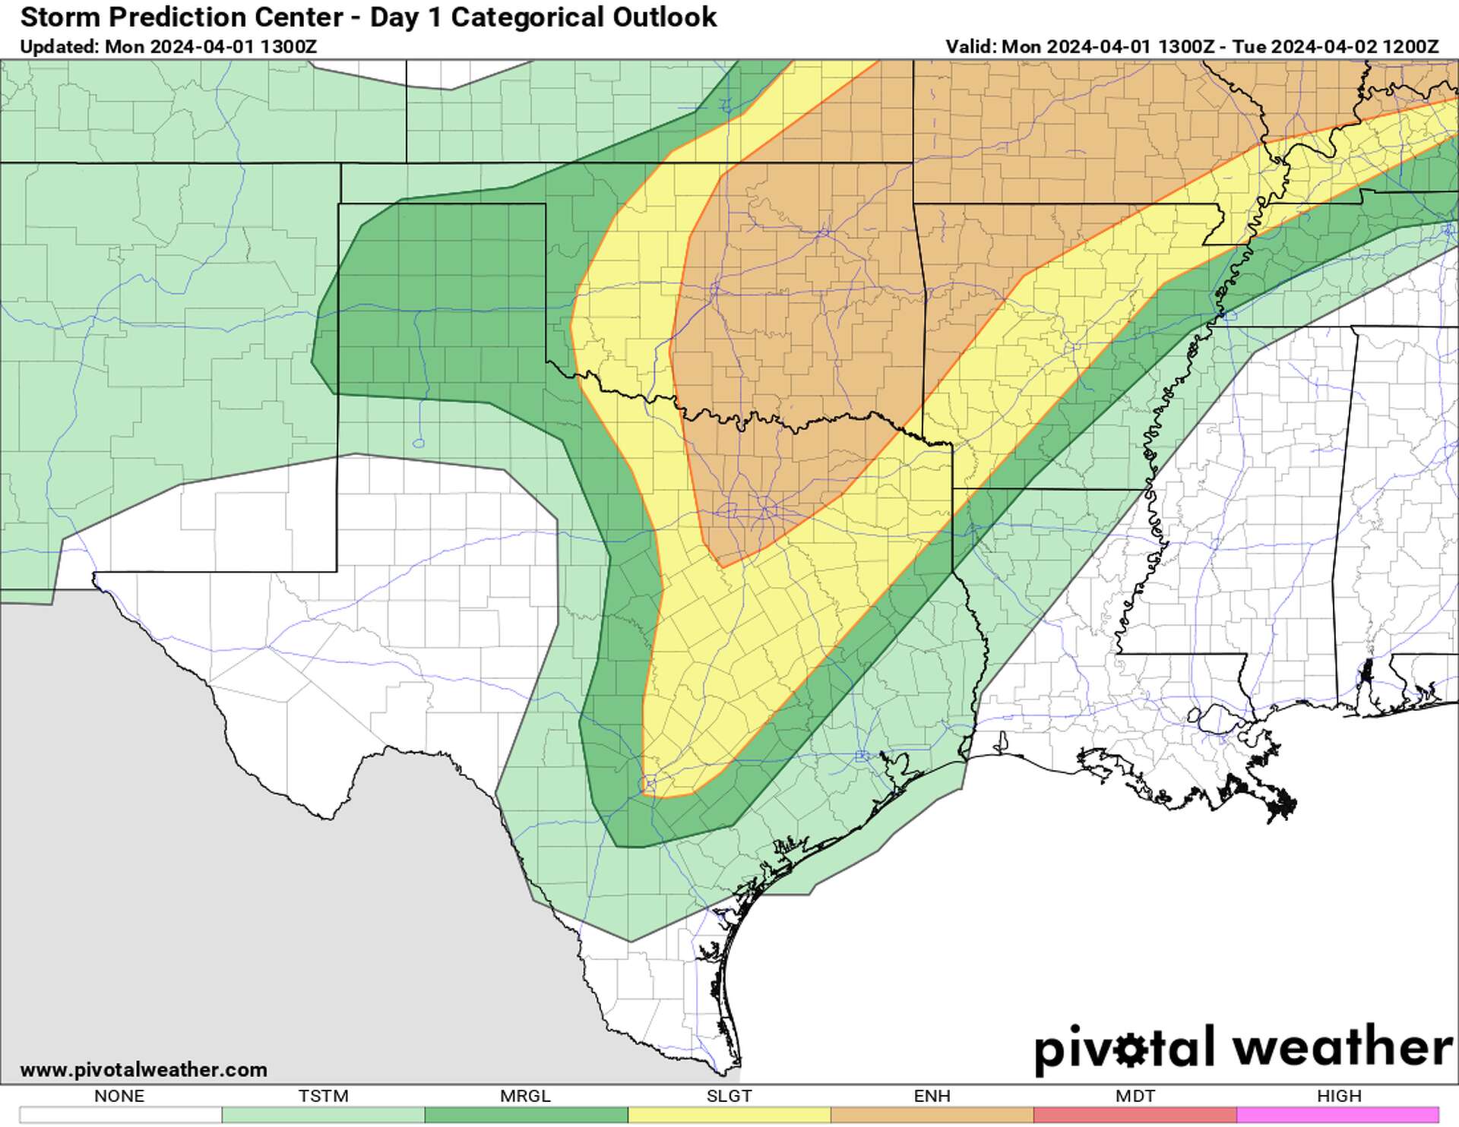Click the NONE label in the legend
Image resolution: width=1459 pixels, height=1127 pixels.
[119, 1096]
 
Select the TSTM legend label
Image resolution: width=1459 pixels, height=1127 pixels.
[323, 1096]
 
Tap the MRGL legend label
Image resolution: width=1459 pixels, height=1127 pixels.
[525, 1096]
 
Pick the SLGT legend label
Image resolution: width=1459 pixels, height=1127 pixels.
[729, 1096]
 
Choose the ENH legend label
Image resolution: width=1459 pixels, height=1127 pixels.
[932, 1096]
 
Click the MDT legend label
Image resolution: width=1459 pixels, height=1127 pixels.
[1135, 1096]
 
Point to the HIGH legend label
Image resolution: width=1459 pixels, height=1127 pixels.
[1339, 1096]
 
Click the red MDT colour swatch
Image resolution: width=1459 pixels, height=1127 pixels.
[1135, 1115]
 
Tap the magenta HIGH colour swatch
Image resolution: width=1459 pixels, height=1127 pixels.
[1338, 1115]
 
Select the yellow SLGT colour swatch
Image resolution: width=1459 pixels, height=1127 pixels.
[729, 1115]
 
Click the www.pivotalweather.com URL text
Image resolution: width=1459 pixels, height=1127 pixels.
[144, 1070]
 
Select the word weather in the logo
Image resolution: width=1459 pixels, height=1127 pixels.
[1342, 1047]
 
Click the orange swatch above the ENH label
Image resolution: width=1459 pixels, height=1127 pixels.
[932, 1115]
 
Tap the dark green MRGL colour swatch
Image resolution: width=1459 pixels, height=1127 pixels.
[526, 1115]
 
